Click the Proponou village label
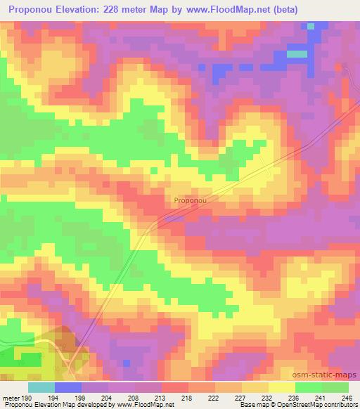click(x=189, y=200)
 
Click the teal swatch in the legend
click(x=41, y=387)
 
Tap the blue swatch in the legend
click(x=68, y=387)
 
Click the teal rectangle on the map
click(x=297, y=53)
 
